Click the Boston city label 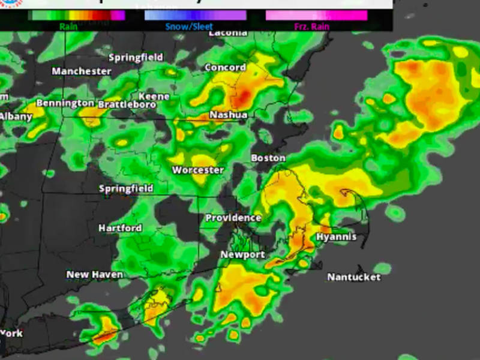pyautogui.click(x=268, y=158)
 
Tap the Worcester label pyautogui.click(x=198, y=170)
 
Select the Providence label pyautogui.click(x=233, y=218)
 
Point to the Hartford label pyautogui.click(x=120, y=229)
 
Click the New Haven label pyautogui.click(x=95, y=275)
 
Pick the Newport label pyautogui.click(x=242, y=255)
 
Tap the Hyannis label pyautogui.click(x=336, y=237)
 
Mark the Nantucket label pyautogui.click(x=354, y=277)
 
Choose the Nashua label pyautogui.click(x=228, y=115)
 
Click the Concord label pyautogui.click(x=225, y=68)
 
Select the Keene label pyautogui.click(x=154, y=97)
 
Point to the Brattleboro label pyautogui.click(x=127, y=104)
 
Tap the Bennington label pyautogui.click(x=65, y=103)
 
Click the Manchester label pyautogui.click(x=82, y=71)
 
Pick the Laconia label pyautogui.click(x=228, y=33)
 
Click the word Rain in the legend pyautogui.click(x=68, y=26)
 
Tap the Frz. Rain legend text pyautogui.click(x=311, y=26)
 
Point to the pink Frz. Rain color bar pyautogui.click(x=317, y=15)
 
